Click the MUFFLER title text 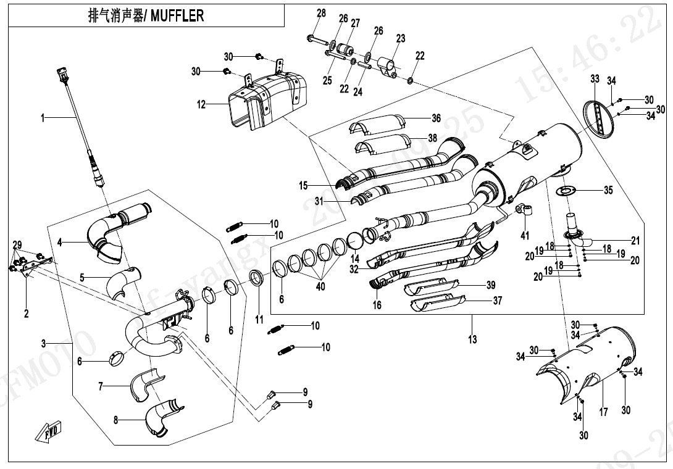[146, 16]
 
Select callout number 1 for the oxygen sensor [43, 117]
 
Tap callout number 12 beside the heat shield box [201, 105]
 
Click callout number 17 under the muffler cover [603, 412]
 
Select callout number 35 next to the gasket [608, 190]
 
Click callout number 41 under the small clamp [525, 235]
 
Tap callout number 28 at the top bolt [321, 13]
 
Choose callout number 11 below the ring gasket [259, 320]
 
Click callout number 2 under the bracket [27, 313]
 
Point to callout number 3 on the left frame [44, 342]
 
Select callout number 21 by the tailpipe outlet [635, 241]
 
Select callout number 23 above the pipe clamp [401, 38]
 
